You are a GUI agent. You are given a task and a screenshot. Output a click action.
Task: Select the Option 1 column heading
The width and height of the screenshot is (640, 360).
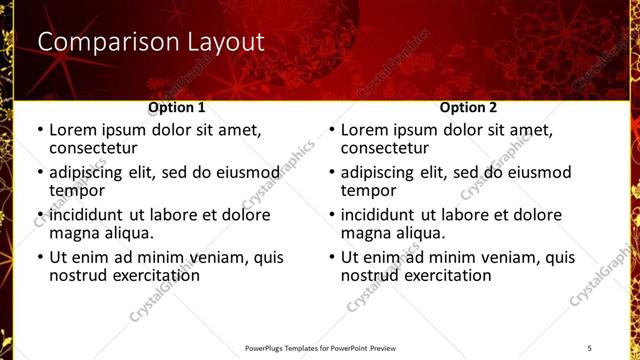click(177, 106)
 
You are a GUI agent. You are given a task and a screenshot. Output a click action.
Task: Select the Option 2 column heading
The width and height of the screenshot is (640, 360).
click(469, 106)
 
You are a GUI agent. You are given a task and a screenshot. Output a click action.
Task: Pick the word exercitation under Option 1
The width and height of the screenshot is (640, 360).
click(151, 275)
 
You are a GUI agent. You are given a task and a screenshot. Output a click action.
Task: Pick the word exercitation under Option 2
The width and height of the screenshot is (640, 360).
click(443, 275)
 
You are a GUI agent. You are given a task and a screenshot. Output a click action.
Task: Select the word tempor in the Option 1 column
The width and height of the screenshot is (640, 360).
click(77, 190)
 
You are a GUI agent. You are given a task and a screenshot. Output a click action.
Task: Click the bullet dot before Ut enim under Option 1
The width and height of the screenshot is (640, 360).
click(39, 258)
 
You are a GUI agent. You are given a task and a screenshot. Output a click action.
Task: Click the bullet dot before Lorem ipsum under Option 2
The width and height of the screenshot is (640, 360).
click(331, 131)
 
